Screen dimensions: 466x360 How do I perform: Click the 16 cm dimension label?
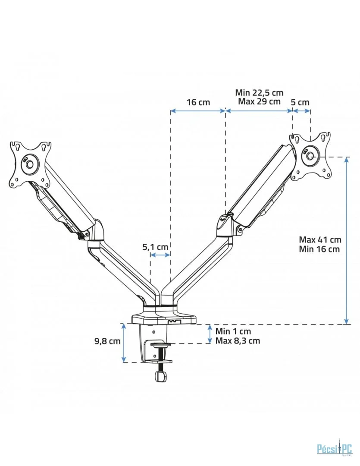tap(198, 102)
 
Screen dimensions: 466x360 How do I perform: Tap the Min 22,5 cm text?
tap(259, 93)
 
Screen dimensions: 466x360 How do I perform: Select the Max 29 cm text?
tap(259, 101)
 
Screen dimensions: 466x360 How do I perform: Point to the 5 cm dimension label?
tap(300, 102)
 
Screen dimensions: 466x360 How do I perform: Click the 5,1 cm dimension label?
tap(155, 247)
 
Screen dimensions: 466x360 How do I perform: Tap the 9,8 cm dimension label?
tap(107, 341)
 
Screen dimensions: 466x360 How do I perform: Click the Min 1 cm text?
tap(233, 331)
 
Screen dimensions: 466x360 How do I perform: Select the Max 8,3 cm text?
tap(238, 341)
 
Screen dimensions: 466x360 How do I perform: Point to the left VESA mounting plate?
tap(30, 164)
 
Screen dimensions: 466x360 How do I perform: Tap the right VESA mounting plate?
tap(311, 156)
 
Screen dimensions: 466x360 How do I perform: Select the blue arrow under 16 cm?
tap(198, 111)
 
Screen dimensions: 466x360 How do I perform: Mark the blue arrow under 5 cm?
tap(301, 111)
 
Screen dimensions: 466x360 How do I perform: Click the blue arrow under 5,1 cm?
tap(160, 255)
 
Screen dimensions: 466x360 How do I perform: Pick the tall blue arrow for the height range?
tap(346, 240)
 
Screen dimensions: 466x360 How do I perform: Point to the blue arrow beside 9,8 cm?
tap(124, 343)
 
